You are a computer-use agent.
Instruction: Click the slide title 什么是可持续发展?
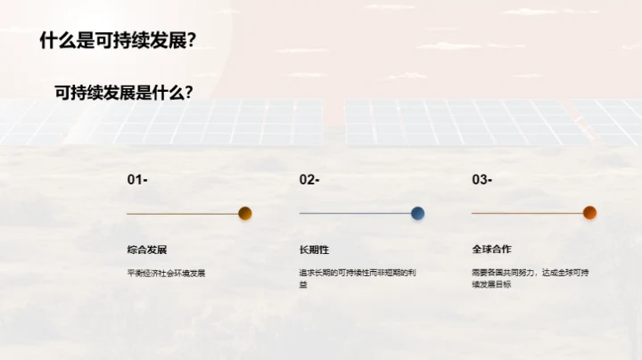point(118,41)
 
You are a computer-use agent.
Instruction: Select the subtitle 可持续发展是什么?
point(125,92)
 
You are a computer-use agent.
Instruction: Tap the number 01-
point(137,180)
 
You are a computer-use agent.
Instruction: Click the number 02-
point(309,180)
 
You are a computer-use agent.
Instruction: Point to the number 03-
point(481,180)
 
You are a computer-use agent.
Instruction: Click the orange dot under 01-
point(245,213)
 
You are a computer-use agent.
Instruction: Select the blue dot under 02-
point(417,213)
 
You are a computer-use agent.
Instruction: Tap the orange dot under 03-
point(589,213)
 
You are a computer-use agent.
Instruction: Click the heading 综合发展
point(147,250)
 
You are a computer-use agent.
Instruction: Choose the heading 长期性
point(314,250)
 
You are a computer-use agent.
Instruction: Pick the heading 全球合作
point(491,250)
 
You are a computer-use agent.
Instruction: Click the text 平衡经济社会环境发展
point(167,273)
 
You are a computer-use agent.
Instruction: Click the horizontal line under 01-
point(183,214)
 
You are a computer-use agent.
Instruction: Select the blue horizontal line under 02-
point(355,214)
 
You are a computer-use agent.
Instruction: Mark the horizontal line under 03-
point(527,214)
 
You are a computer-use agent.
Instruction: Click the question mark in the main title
point(191,41)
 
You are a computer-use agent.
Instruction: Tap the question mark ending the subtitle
point(190,92)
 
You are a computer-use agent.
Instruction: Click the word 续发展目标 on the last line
point(491,285)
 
